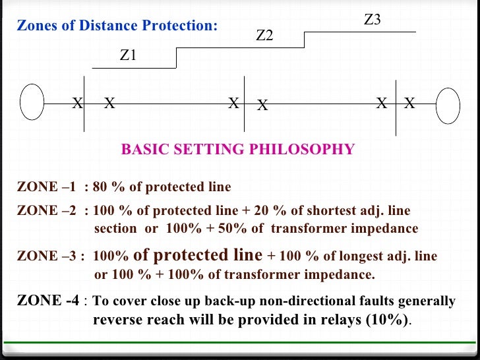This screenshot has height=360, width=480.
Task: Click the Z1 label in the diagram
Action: (x=128, y=55)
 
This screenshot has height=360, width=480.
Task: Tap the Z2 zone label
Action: (x=264, y=36)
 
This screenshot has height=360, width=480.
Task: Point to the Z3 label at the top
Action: (x=373, y=20)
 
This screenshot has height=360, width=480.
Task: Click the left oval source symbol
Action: (x=32, y=103)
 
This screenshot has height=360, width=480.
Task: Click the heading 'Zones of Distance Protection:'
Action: (x=117, y=26)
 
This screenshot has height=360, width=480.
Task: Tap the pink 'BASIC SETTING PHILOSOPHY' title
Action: (x=237, y=150)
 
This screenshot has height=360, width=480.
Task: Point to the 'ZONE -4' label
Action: (x=48, y=301)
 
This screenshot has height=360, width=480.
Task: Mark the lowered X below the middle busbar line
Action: (x=262, y=105)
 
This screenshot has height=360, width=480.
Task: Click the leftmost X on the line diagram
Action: (x=77, y=103)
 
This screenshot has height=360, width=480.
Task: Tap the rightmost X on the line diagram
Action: (x=409, y=103)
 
